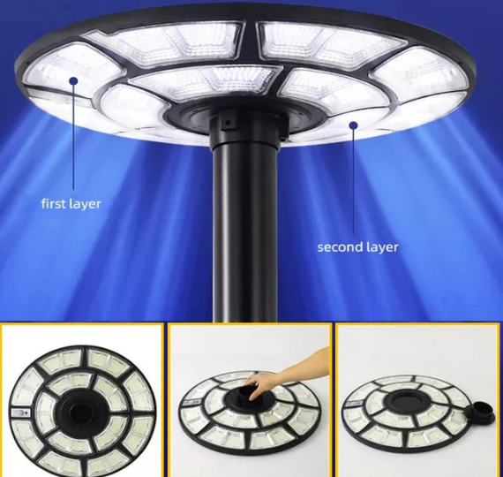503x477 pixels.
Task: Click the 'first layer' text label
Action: coord(71,204)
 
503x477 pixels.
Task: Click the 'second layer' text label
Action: coord(357,247)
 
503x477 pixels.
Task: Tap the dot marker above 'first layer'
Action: coord(74,80)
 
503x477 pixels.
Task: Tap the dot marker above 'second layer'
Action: coord(354,125)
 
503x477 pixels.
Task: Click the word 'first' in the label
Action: coord(52,204)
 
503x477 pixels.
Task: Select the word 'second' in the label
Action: coord(339,246)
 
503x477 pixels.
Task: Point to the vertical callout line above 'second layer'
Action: coord(354,181)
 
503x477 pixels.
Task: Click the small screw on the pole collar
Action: coord(228,123)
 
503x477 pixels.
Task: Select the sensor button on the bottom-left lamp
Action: coord(20,413)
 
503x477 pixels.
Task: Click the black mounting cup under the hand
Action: coord(248,395)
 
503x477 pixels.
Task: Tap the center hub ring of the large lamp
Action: coord(244,119)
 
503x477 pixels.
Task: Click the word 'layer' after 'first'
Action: coord(84,204)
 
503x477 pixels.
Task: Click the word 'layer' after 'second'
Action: coord(380,247)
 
